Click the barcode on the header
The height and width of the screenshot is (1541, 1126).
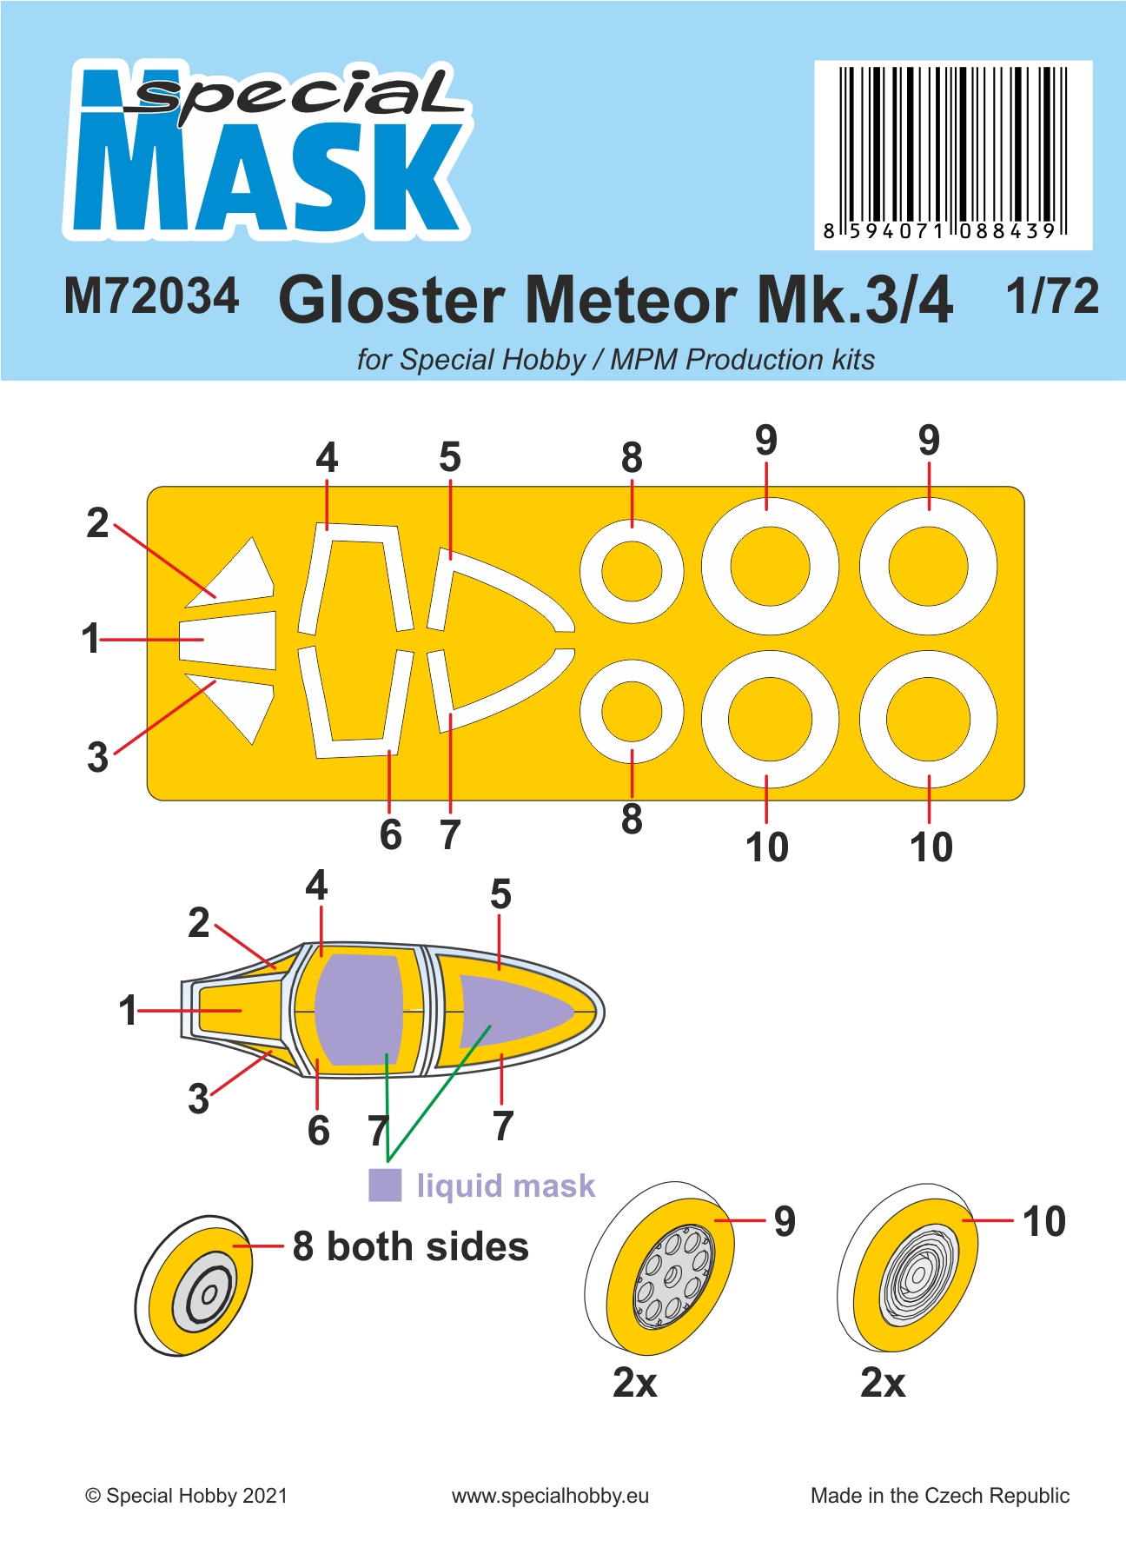pyautogui.click(x=953, y=154)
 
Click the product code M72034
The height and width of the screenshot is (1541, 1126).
pyautogui.click(x=151, y=296)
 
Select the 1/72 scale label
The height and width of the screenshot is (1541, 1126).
pyautogui.click(x=1052, y=296)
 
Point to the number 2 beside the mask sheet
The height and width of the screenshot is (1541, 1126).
pyautogui.click(x=97, y=523)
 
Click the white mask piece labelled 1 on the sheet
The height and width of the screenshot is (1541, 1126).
pyautogui.click(x=228, y=640)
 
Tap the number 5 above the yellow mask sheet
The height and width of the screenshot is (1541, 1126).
pyautogui.click(x=449, y=457)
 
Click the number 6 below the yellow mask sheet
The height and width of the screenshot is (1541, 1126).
pyautogui.click(x=391, y=834)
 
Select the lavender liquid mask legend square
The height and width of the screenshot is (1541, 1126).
pyautogui.click(x=385, y=1185)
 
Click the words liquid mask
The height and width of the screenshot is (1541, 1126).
pyautogui.click(x=506, y=1186)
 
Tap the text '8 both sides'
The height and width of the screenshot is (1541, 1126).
pyautogui.click(x=410, y=1246)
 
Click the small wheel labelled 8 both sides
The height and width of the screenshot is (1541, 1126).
pyautogui.click(x=194, y=1285)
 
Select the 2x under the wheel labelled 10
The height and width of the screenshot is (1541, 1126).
pyautogui.click(x=883, y=1382)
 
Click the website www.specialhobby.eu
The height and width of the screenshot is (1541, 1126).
pyautogui.click(x=550, y=1496)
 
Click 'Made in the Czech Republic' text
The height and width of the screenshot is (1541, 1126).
pyautogui.click(x=940, y=1496)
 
